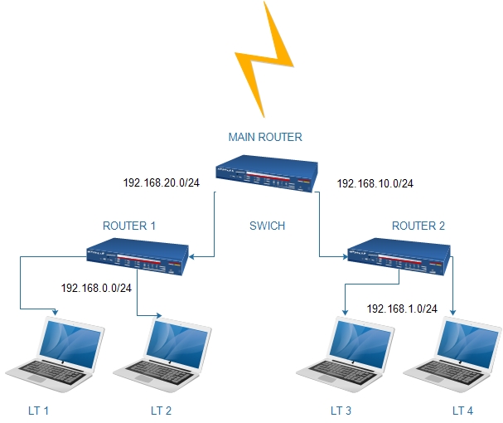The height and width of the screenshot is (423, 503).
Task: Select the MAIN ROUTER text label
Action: (265, 137)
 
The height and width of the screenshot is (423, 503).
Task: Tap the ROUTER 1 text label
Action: (129, 225)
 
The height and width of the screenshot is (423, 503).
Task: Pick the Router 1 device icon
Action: (138, 256)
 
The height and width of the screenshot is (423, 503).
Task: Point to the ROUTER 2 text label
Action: (418, 225)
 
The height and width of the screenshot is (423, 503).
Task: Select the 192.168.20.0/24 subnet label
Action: (161, 184)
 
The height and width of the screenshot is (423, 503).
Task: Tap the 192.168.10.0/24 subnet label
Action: (375, 184)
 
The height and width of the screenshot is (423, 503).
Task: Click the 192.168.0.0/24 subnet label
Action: (97, 289)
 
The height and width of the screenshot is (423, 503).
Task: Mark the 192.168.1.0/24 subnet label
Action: (402, 308)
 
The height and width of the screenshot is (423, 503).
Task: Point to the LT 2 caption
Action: (161, 410)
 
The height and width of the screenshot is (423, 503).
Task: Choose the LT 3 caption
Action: (341, 410)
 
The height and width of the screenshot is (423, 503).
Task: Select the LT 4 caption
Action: (463, 410)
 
